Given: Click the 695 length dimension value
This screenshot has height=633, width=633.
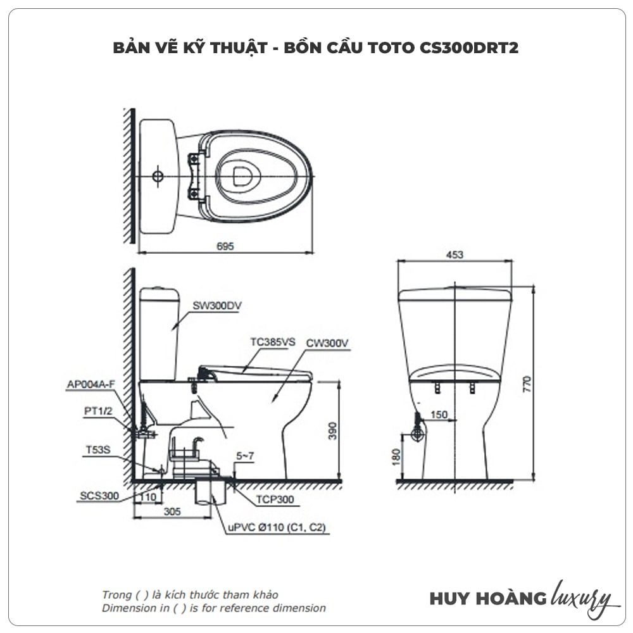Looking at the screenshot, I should (225, 246).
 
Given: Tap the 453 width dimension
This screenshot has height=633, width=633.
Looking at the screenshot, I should (454, 254).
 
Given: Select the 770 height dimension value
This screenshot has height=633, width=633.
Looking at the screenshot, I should (528, 384).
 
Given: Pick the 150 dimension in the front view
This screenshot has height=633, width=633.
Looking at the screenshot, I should (439, 415).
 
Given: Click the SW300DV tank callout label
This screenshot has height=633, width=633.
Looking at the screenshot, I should (217, 305).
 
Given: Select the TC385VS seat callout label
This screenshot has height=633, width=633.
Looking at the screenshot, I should (272, 342).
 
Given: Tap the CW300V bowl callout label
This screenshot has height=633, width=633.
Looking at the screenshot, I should (328, 343).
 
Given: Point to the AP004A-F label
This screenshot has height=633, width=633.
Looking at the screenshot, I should (91, 384).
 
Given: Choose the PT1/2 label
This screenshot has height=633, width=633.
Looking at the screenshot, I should (98, 410).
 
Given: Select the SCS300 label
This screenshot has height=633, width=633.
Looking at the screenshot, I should (99, 496).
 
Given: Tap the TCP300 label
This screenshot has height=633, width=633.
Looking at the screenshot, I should (275, 499).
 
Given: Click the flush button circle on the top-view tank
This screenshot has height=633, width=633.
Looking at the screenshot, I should (158, 175).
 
